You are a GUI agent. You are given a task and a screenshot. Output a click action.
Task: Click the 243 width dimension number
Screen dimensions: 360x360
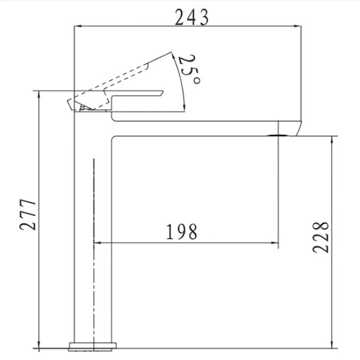click(x=192, y=17)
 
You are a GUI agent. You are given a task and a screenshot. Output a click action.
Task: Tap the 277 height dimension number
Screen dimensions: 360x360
click(x=28, y=214)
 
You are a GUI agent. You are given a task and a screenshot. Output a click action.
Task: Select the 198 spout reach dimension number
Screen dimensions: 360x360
click(x=181, y=232)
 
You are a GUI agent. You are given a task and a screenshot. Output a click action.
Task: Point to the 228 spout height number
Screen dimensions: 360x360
click(x=321, y=238)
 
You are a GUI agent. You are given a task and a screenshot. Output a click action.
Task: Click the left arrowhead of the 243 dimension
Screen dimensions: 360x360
click(x=78, y=26)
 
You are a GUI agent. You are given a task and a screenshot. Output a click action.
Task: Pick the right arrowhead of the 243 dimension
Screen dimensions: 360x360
click(x=297, y=26)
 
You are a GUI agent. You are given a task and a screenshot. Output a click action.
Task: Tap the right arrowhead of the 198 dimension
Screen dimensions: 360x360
click(x=275, y=243)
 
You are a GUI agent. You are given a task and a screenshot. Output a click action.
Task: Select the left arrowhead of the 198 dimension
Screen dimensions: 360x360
click(x=98, y=243)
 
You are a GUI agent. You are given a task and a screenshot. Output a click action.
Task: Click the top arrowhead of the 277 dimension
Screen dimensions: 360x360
click(x=39, y=95)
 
